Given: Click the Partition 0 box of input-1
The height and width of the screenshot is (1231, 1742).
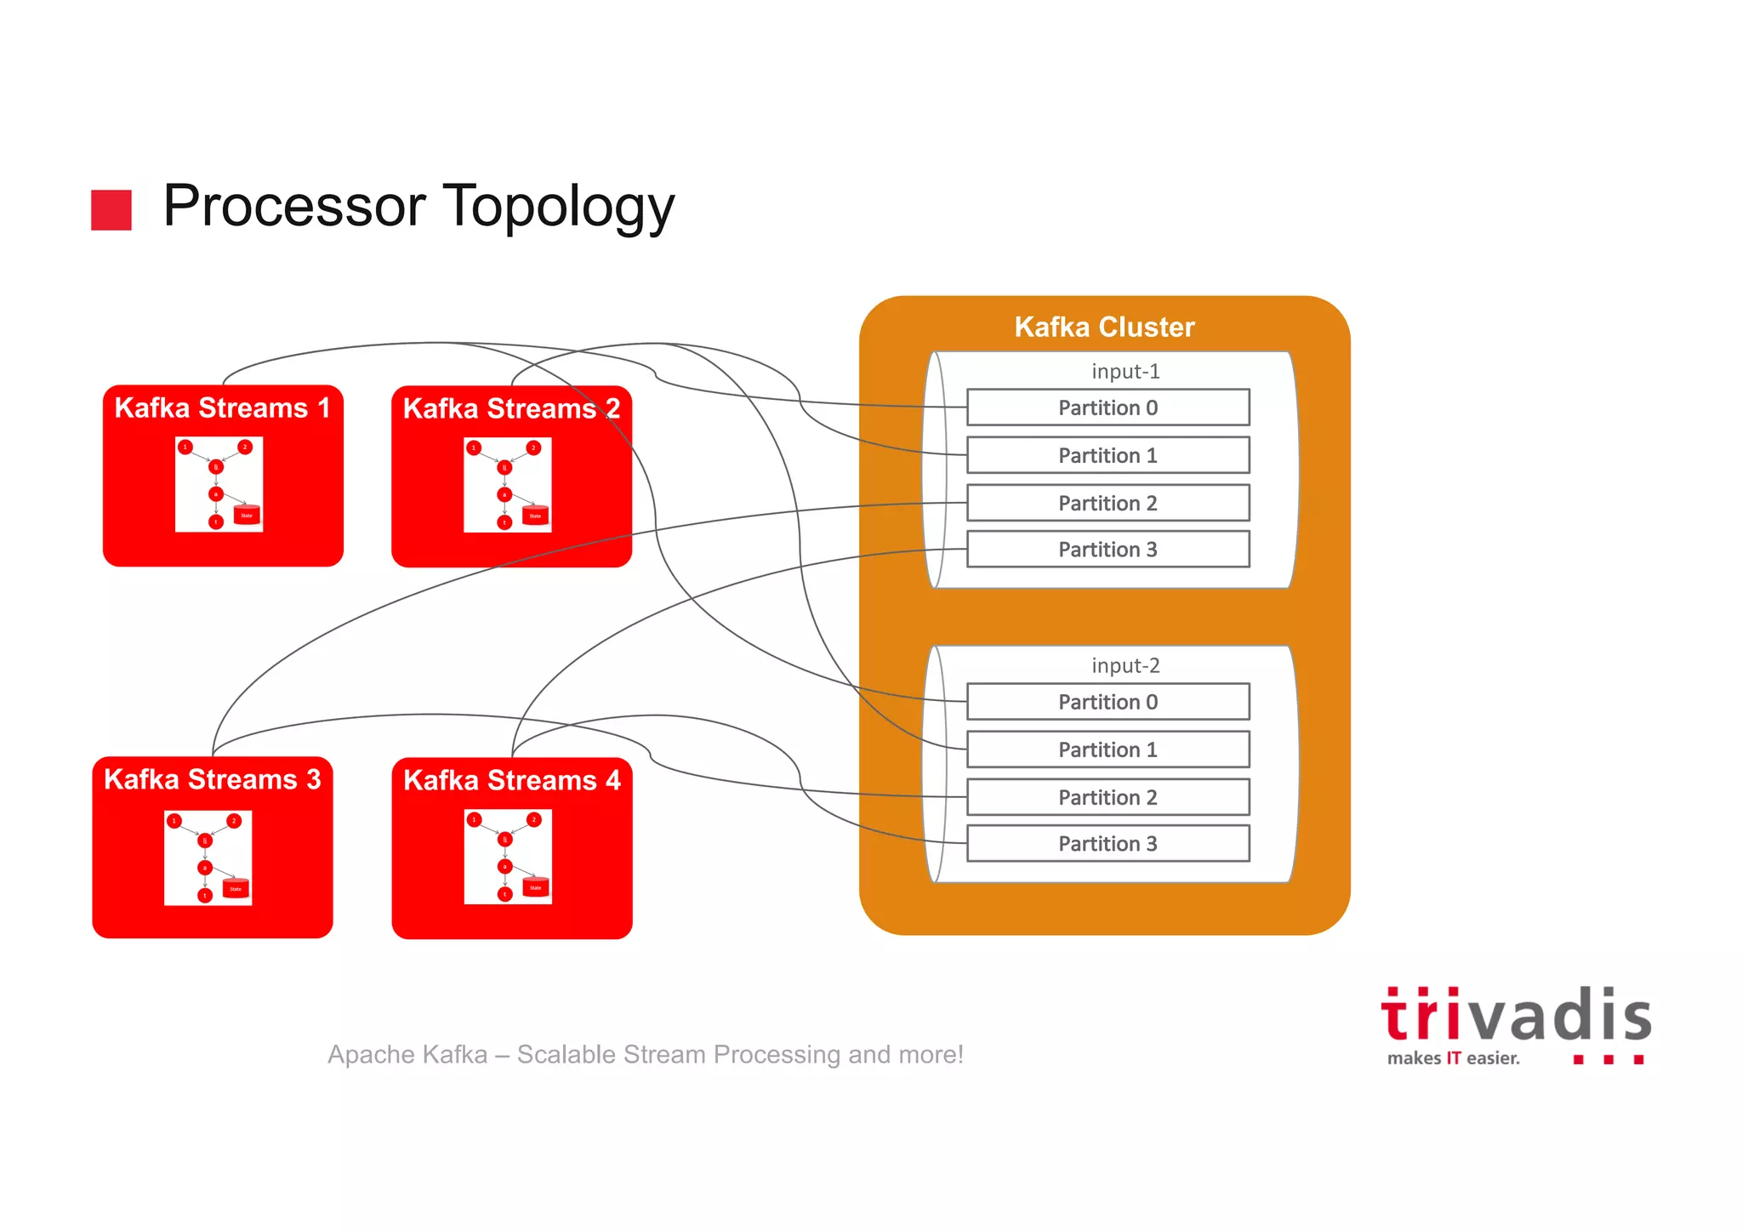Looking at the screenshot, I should (1107, 407).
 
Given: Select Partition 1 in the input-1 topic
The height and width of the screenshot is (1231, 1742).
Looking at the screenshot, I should (1107, 455).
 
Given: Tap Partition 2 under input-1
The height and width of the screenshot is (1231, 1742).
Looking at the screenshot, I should (1107, 503).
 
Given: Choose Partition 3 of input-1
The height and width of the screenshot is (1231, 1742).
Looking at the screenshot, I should (1107, 550).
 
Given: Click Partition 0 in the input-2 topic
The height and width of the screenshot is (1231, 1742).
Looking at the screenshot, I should (1107, 702).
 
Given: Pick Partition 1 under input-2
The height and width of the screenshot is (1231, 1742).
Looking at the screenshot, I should (1107, 749).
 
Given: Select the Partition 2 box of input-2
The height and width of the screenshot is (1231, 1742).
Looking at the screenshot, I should (1107, 797).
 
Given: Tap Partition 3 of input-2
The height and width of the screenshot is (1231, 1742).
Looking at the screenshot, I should (1107, 844).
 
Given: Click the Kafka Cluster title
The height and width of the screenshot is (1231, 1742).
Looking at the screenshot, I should (1104, 328).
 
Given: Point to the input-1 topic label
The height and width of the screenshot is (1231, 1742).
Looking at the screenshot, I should (1125, 372).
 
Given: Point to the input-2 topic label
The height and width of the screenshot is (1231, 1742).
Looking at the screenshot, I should (1125, 666).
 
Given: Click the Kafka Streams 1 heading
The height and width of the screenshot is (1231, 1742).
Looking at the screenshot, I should (222, 408).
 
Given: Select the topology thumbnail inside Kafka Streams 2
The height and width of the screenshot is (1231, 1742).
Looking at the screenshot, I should (508, 485).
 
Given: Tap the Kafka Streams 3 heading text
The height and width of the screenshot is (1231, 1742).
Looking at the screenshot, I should (212, 780).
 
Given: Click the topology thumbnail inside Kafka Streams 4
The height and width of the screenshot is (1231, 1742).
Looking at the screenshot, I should (508, 857).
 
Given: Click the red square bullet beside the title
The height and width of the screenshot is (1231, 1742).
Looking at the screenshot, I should (111, 210).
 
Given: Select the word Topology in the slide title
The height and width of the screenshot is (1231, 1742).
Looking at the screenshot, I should (559, 207).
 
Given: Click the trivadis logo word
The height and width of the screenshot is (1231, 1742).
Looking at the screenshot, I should (1516, 1016).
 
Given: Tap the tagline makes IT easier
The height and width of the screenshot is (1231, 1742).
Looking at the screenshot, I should (1453, 1058).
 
